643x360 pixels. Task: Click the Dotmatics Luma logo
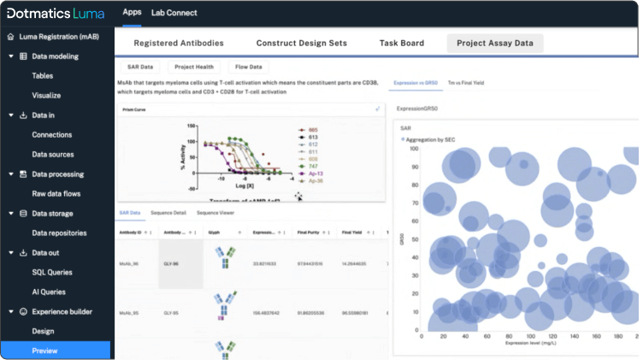coord(56,14)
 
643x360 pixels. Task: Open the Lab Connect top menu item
coord(174,13)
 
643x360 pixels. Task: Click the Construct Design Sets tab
coord(301,43)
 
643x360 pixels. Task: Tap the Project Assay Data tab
coord(494,43)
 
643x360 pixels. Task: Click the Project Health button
coord(194,66)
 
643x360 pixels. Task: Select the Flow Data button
coord(248,66)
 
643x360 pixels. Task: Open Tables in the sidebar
coord(43,76)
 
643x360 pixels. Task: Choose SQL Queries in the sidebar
coord(52,272)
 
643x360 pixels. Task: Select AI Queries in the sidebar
coord(50,292)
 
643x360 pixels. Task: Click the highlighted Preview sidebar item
coord(44,350)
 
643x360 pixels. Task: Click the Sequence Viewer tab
coord(215,212)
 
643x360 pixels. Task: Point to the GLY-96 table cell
coord(170,265)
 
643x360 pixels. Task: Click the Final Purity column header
coord(308,232)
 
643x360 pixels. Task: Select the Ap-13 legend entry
coord(316,173)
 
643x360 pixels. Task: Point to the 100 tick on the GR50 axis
coord(414,148)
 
